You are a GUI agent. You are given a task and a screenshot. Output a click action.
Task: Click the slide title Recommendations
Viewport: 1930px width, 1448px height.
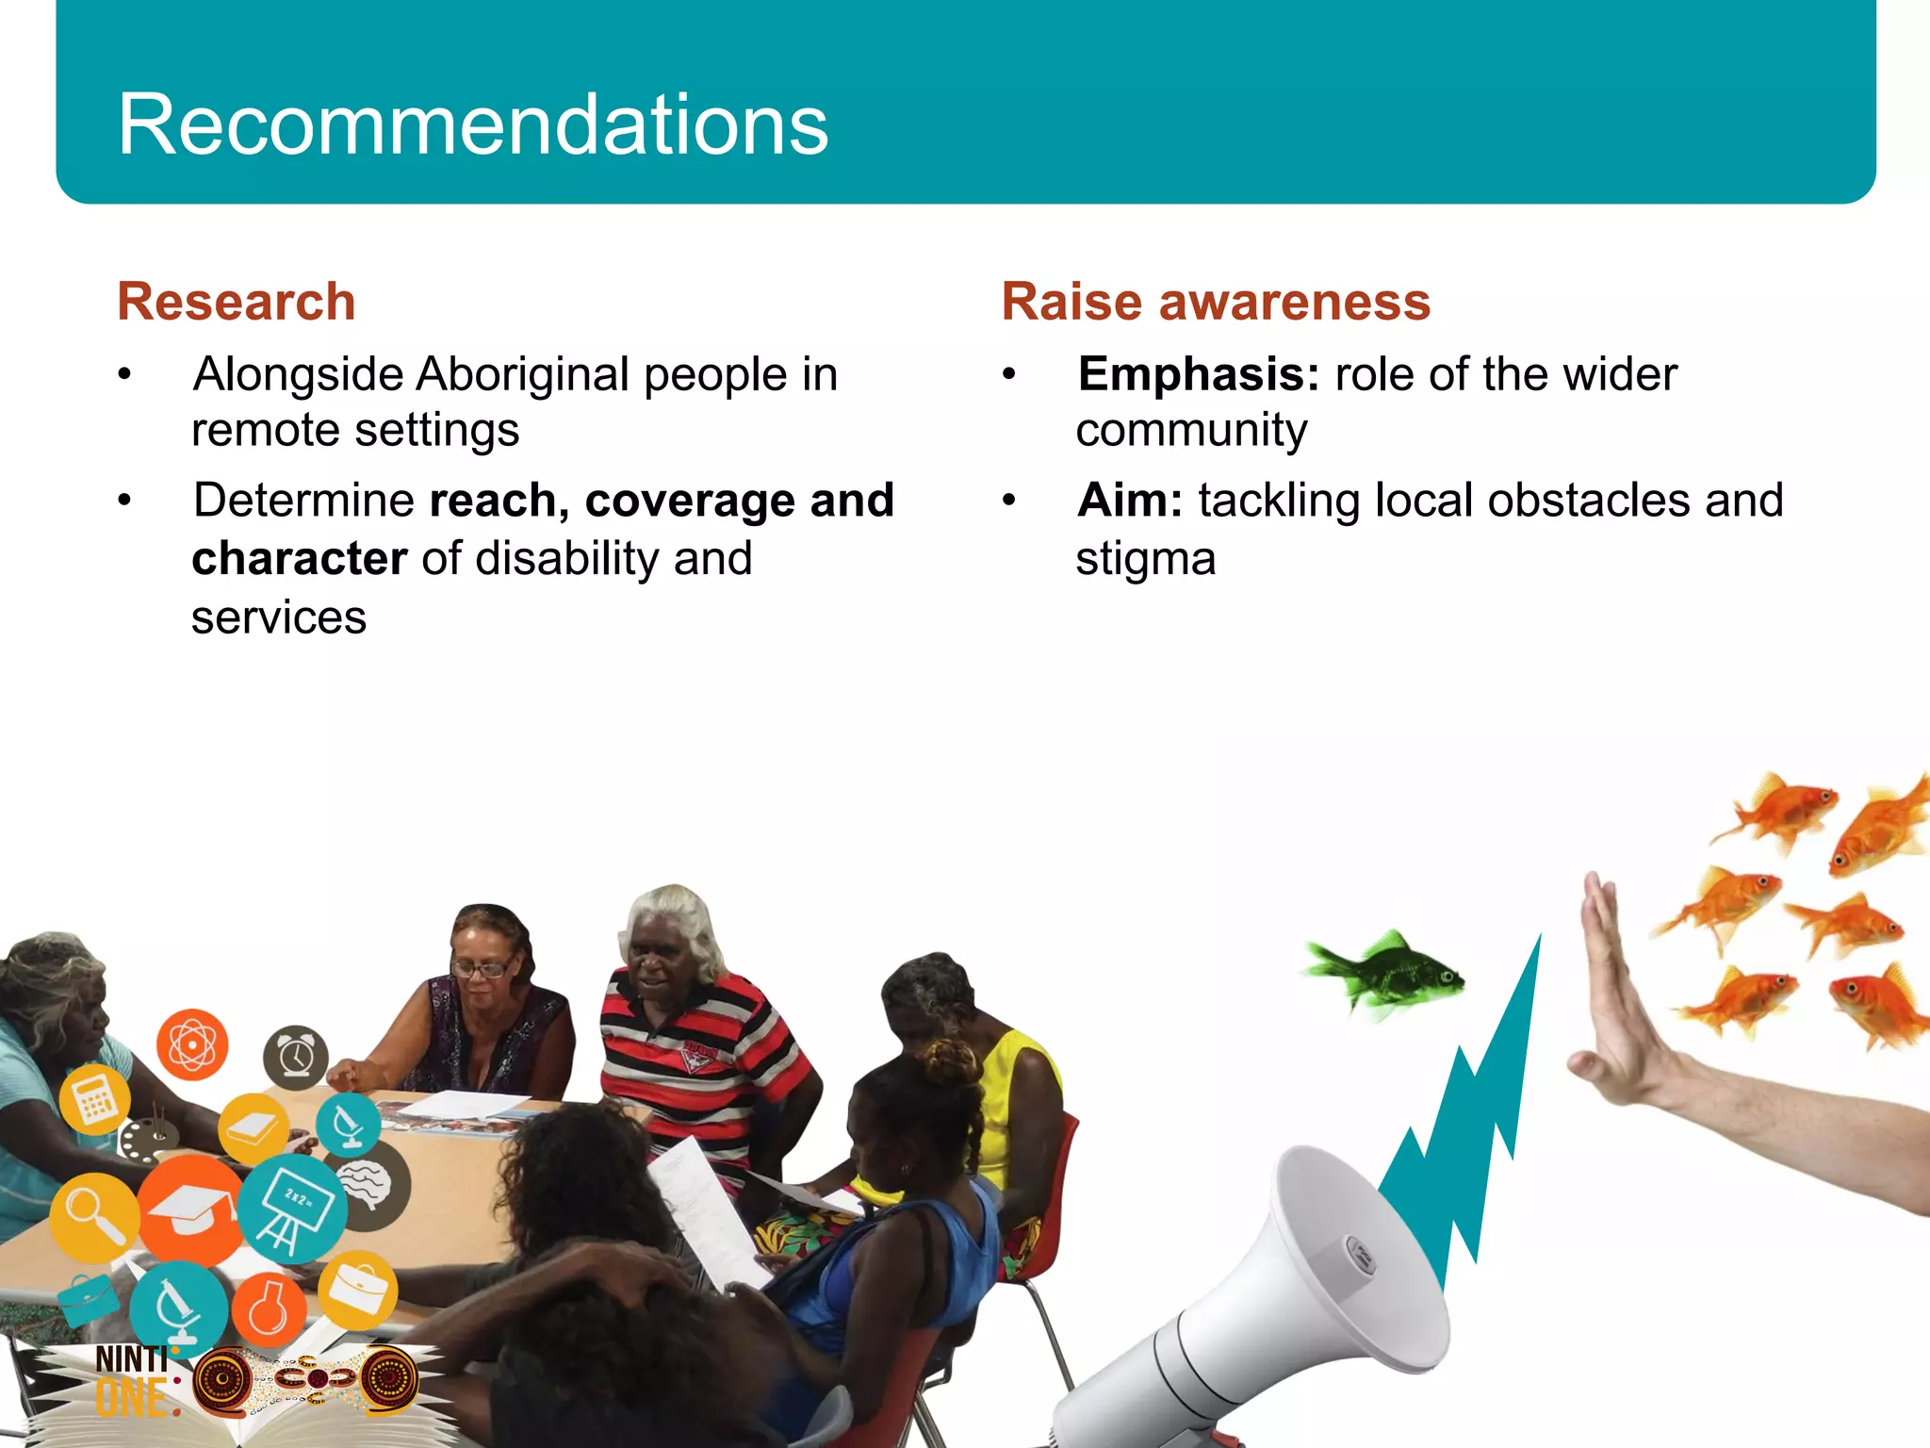pyautogui.click(x=472, y=124)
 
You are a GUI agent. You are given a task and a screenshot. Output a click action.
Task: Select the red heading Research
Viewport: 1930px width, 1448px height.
pyautogui.click(x=236, y=302)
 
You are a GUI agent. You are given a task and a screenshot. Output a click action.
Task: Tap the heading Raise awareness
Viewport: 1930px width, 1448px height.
pyautogui.click(x=1216, y=302)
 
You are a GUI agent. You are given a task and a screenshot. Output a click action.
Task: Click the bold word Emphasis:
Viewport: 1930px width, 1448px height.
pyautogui.click(x=1199, y=374)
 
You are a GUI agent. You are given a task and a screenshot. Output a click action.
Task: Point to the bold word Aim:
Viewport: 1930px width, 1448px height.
pyautogui.click(x=1130, y=500)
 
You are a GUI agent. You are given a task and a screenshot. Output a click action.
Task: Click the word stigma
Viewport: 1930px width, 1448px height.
pyautogui.click(x=1146, y=558)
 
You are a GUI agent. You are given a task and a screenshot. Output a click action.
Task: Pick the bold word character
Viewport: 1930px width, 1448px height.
pyautogui.click(x=300, y=558)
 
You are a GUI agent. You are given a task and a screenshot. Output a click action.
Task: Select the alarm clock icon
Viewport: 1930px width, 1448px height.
pyautogui.click(x=295, y=1057)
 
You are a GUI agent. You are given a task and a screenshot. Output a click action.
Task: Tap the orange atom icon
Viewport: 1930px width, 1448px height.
pyautogui.click(x=192, y=1045)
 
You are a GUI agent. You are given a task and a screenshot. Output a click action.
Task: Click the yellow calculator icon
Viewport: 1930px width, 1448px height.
pyautogui.click(x=94, y=1100)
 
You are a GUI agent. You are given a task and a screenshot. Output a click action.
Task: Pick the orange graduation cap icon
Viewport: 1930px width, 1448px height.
pyautogui.click(x=191, y=1211)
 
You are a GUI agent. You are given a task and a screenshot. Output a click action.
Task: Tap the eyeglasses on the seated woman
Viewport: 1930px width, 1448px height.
pyautogui.click(x=482, y=967)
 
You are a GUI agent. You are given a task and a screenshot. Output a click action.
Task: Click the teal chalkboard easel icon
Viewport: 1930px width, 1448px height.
pyautogui.click(x=292, y=1208)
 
